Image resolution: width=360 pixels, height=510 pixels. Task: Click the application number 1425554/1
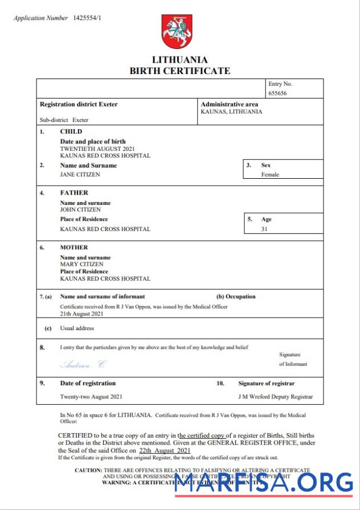(x=88, y=18)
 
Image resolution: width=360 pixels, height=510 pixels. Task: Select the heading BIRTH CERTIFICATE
(x=180, y=71)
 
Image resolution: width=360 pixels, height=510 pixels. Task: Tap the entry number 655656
(x=277, y=93)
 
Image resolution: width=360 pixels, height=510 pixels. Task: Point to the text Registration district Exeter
(x=79, y=105)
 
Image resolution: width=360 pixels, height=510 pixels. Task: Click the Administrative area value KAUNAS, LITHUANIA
(x=231, y=112)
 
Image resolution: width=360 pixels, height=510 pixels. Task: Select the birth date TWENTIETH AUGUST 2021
(x=97, y=149)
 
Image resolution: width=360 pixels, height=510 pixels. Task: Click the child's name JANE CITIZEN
(x=80, y=175)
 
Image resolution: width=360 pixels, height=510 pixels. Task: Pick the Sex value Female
(x=270, y=175)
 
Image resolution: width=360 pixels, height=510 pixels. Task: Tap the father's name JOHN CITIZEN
(x=80, y=209)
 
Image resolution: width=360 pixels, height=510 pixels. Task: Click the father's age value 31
(x=264, y=229)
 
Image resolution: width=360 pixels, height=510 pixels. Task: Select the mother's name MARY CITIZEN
(x=81, y=264)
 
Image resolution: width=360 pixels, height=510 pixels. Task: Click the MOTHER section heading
(x=74, y=248)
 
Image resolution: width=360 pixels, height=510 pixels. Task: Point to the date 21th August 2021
(x=82, y=314)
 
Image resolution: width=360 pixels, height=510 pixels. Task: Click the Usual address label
(x=77, y=328)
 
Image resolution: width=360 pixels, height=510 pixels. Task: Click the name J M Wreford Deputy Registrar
(x=275, y=397)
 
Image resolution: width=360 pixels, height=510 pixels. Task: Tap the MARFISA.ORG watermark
(x=263, y=483)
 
